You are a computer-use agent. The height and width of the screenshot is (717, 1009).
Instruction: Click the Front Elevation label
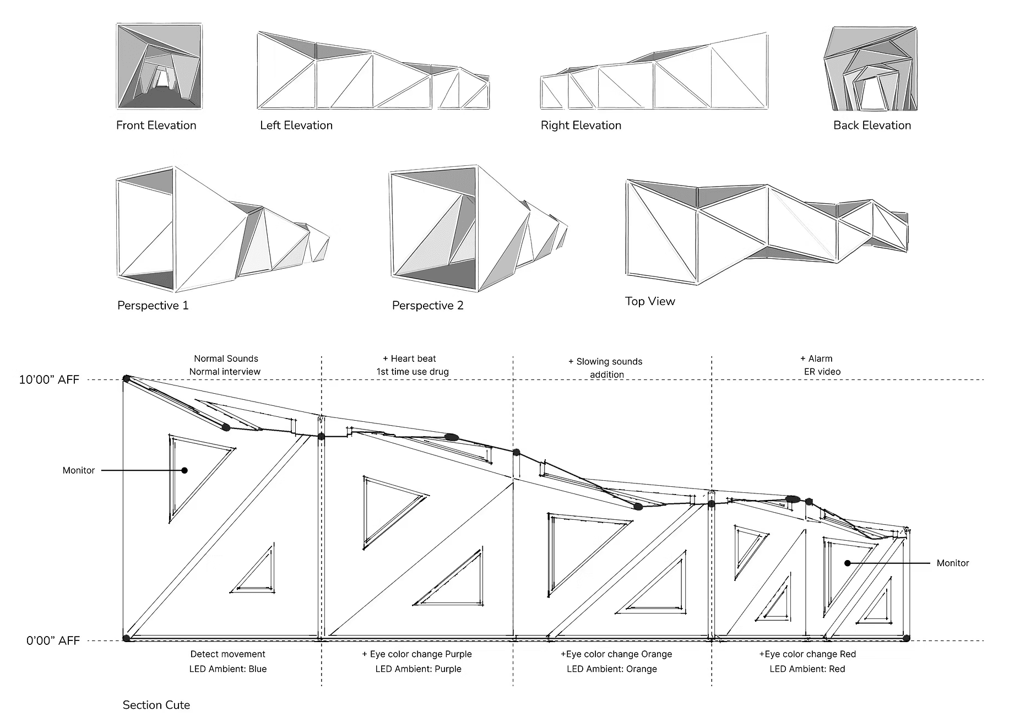pyautogui.click(x=156, y=126)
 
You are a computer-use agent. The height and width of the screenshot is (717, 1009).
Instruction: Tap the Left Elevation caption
pyautogui.click(x=296, y=126)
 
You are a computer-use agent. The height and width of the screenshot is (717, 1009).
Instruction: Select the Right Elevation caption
pyautogui.click(x=581, y=126)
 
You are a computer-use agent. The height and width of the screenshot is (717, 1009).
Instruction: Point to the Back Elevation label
pyautogui.click(x=872, y=126)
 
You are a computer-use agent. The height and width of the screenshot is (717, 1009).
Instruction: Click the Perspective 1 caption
pyautogui.click(x=153, y=306)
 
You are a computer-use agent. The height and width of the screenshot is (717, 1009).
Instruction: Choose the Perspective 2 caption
pyautogui.click(x=427, y=306)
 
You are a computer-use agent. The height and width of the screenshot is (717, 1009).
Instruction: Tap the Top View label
pyautogui.click(x=650, y=301)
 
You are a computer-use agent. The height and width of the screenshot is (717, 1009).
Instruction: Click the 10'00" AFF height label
pyautogui.click(x=49, y=380)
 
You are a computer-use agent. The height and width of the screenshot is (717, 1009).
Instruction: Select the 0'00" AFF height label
pyautogui.click(x=53, y=641)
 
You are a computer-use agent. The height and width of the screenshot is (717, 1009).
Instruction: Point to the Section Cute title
pyautogui.click(x=156, y=705)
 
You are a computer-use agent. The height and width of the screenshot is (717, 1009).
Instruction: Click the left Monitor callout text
pyautogui.click(x=78, y=470)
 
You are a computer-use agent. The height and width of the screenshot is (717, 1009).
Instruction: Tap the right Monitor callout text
pyautogui.click(x=952, y=563)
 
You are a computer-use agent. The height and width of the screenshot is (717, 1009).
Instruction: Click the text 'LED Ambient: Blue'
pyautogui.click(x=228, y=669)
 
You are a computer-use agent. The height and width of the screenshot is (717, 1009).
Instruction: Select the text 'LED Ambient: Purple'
pyautogui.click(x=419, y=669)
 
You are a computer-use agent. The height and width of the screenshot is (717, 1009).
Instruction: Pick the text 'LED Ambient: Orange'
pyautogui.click(x=612, y=669)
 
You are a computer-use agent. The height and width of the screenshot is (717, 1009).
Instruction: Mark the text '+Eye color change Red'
pyautogui.click(x=807, y=654)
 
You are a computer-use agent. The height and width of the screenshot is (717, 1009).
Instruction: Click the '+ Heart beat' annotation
pyautogui.click(x=409, y=358)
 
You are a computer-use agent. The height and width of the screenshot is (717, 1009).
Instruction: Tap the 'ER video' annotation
pyautogui.click(x=822, y=372)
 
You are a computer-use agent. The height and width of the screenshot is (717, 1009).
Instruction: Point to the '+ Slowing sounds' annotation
pyautogui.click(x=605, y=362)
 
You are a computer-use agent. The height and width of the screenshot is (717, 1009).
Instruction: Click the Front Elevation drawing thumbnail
pyautogui.click(x=159, y=66)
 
